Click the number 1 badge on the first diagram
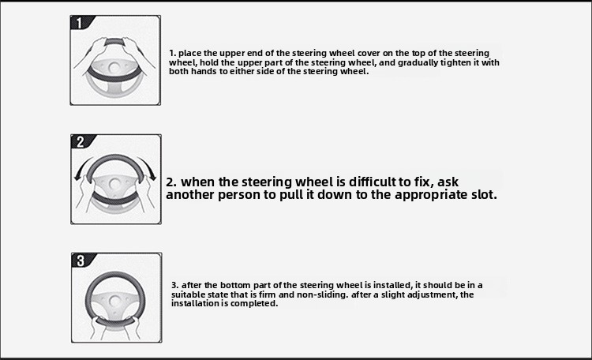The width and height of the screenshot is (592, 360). coord(79,23)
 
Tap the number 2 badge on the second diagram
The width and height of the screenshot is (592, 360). coord(80,141)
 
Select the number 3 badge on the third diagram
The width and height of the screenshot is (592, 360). coord(81,261)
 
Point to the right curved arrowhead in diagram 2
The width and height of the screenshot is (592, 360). coord(152,175)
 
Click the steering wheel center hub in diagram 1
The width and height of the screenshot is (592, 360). coord(113,68)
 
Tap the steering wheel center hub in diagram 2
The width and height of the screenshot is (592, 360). coord(114,184)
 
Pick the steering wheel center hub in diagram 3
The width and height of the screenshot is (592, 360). coord(114,301)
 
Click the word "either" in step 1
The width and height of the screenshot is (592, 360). coord(242,71)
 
